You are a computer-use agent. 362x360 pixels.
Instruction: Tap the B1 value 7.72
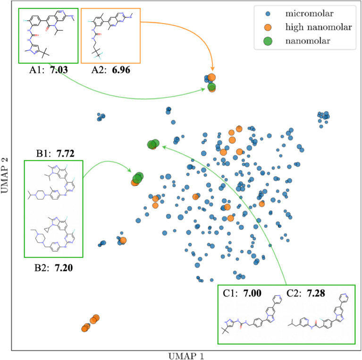point(66,153)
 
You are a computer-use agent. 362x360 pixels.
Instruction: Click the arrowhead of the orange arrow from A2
point(212,71)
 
